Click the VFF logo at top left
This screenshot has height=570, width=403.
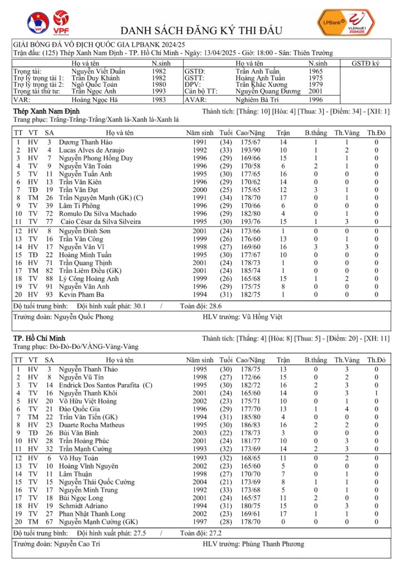point(38,23)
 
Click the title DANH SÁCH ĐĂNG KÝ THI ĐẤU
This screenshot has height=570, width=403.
point(201,30)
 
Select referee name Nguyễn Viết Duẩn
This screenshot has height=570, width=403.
point(99,71)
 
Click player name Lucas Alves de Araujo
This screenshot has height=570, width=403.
point(94,150)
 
